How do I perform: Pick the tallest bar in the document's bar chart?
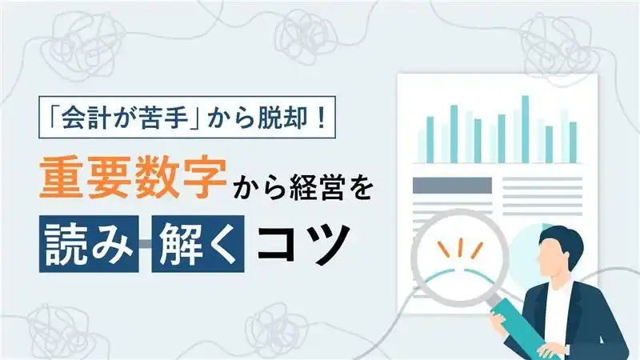[x=525, y=128]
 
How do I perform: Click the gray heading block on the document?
[x=451, y=186]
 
